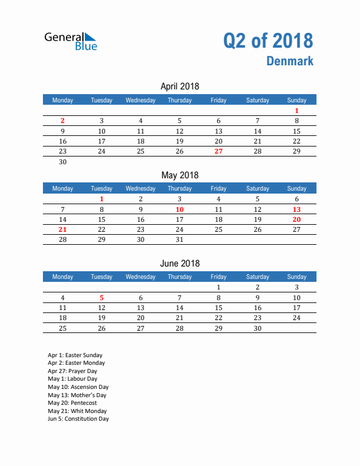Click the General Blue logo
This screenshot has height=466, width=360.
pyautogui.click(x=71, y=41)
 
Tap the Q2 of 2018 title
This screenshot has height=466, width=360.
pyautogui.click(x=268, y=41)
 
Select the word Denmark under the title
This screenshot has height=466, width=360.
pyautogui.click(x=289, y=61)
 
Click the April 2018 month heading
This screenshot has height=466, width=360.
pyautogui.click(x=179, y=86)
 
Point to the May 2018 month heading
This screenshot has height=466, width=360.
pyautogui.click(x=179, y=175)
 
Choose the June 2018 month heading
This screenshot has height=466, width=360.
pyautogui.click(x=179, y=263)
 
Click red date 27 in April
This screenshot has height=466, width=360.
pyautogui.click(x=218, y=151)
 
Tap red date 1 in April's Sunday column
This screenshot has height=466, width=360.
pyautogui.click(x=296, y=111)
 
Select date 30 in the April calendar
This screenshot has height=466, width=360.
pyautogui.click(x=63, y=162)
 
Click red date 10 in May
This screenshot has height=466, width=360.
pyautogui.click(x=179, y=209)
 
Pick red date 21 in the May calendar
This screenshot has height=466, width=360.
pyautogui.click(x=63, y=229)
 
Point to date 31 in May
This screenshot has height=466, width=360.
pyautogui.click(x=179, y=239)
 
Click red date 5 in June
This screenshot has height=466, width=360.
pyautogui.click(x=102, y=297)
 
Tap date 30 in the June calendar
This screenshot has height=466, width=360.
pyautogui.click(x=257, y=328)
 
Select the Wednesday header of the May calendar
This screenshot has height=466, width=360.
pyautogui.click(x=141, y=188)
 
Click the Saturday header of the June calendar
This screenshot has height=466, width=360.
pyautogui.click(x=257, y=277)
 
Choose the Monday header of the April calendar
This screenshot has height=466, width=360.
pyautogui.click(x=63, y=100)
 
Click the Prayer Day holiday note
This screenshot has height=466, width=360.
pyautogui.click(x=72, y=371)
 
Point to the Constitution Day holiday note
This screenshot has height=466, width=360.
pyautogui.click(x=78, y=419)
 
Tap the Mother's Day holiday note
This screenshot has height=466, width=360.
pyautogui.click(x=77, y=395)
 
